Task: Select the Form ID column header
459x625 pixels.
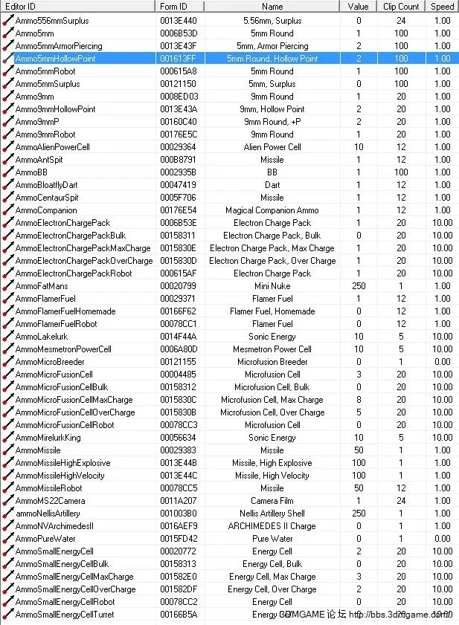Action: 174,7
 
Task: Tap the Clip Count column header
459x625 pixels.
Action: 401,7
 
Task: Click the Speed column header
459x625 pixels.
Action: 442,7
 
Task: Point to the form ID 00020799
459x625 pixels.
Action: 179,285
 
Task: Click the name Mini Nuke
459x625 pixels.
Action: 272,285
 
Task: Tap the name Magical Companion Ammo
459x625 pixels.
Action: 272,210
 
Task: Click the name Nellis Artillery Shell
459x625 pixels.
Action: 272,513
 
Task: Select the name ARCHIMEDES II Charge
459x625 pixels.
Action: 272,525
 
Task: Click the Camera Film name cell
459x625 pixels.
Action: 272,500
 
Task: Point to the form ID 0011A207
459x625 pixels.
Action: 179,500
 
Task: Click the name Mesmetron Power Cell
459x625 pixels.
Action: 272,349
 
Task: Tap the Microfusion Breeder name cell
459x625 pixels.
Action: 272,361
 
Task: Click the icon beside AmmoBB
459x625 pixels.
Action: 8,172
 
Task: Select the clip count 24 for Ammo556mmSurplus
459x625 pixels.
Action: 401,20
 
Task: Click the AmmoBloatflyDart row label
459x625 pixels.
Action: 46,184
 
